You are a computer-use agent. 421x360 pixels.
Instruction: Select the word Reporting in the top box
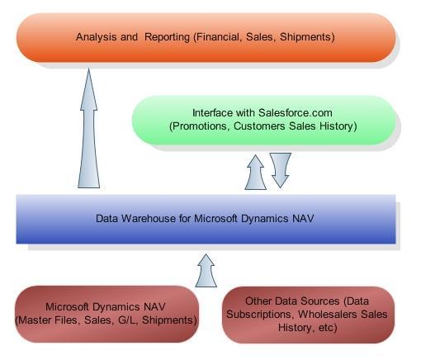(168, 37)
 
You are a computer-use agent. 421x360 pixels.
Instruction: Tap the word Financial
(218, 37)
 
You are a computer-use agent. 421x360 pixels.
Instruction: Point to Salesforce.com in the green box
(296, 113)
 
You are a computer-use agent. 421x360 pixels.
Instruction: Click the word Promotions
(200, 126)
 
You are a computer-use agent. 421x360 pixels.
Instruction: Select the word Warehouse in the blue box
(149, 219)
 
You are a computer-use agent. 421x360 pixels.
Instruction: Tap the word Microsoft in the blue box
(215, 219)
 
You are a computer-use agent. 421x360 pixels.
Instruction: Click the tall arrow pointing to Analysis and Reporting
(88, 129)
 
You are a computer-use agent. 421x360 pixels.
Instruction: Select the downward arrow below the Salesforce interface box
(281, 170)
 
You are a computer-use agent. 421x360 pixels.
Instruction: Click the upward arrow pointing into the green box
(256, 173)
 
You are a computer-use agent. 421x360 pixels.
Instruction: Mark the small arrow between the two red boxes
(206, 271)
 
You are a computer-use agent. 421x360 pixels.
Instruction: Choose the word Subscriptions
(258, 315)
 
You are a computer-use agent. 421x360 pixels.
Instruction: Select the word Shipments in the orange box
(307, 37)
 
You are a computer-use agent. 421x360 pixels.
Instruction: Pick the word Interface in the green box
(210, 113)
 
